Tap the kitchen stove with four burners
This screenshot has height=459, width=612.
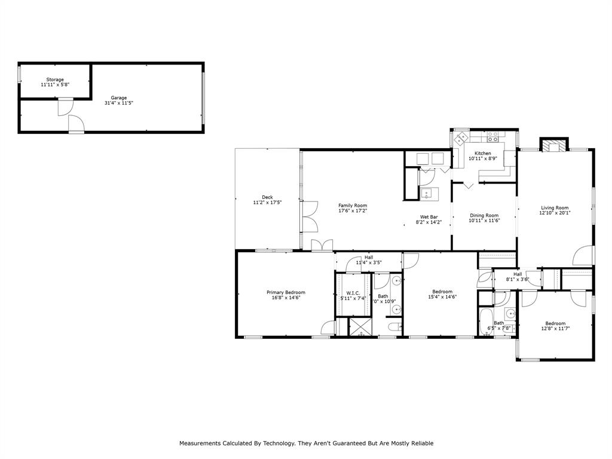(x=493, y=137)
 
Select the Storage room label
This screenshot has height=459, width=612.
(x=55, y=79)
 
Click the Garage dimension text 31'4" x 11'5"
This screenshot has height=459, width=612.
(x=118, y=103)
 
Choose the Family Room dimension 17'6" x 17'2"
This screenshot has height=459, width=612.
(x=353, y=210)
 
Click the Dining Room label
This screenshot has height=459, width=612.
(x=484, y=215)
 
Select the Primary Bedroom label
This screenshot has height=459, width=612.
(x=286, y=292)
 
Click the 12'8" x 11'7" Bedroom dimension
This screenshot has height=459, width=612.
(x=555, y=328)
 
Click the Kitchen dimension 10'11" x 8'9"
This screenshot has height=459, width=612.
(x=483, y=159)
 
